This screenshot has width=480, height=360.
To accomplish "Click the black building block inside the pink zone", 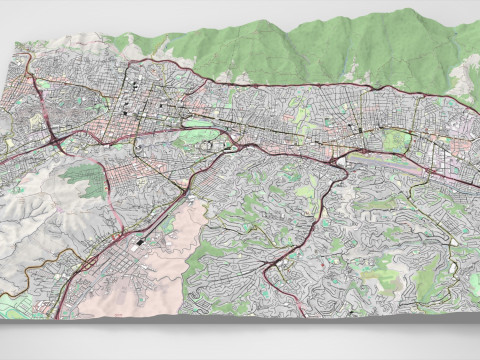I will [141, 242].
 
